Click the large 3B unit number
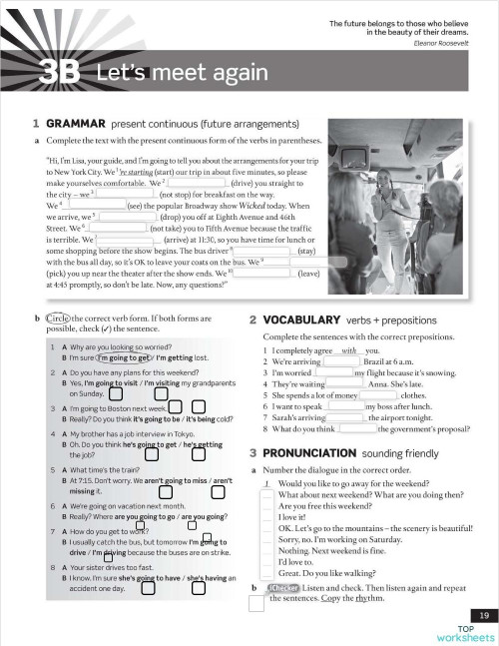61,72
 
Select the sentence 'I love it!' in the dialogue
291,517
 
